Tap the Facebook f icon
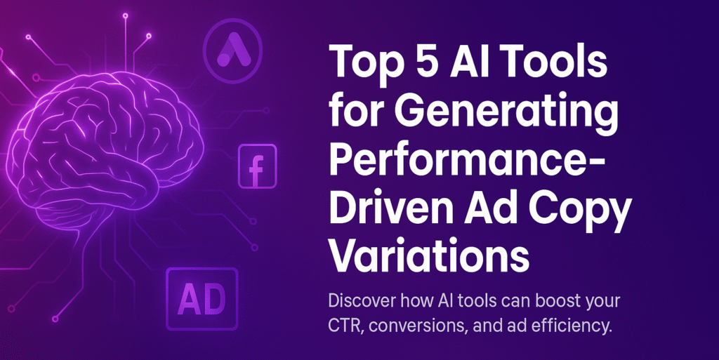click(x=257, y=166)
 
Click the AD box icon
click(x=202, y=300)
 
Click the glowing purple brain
click(x=105, y=147)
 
